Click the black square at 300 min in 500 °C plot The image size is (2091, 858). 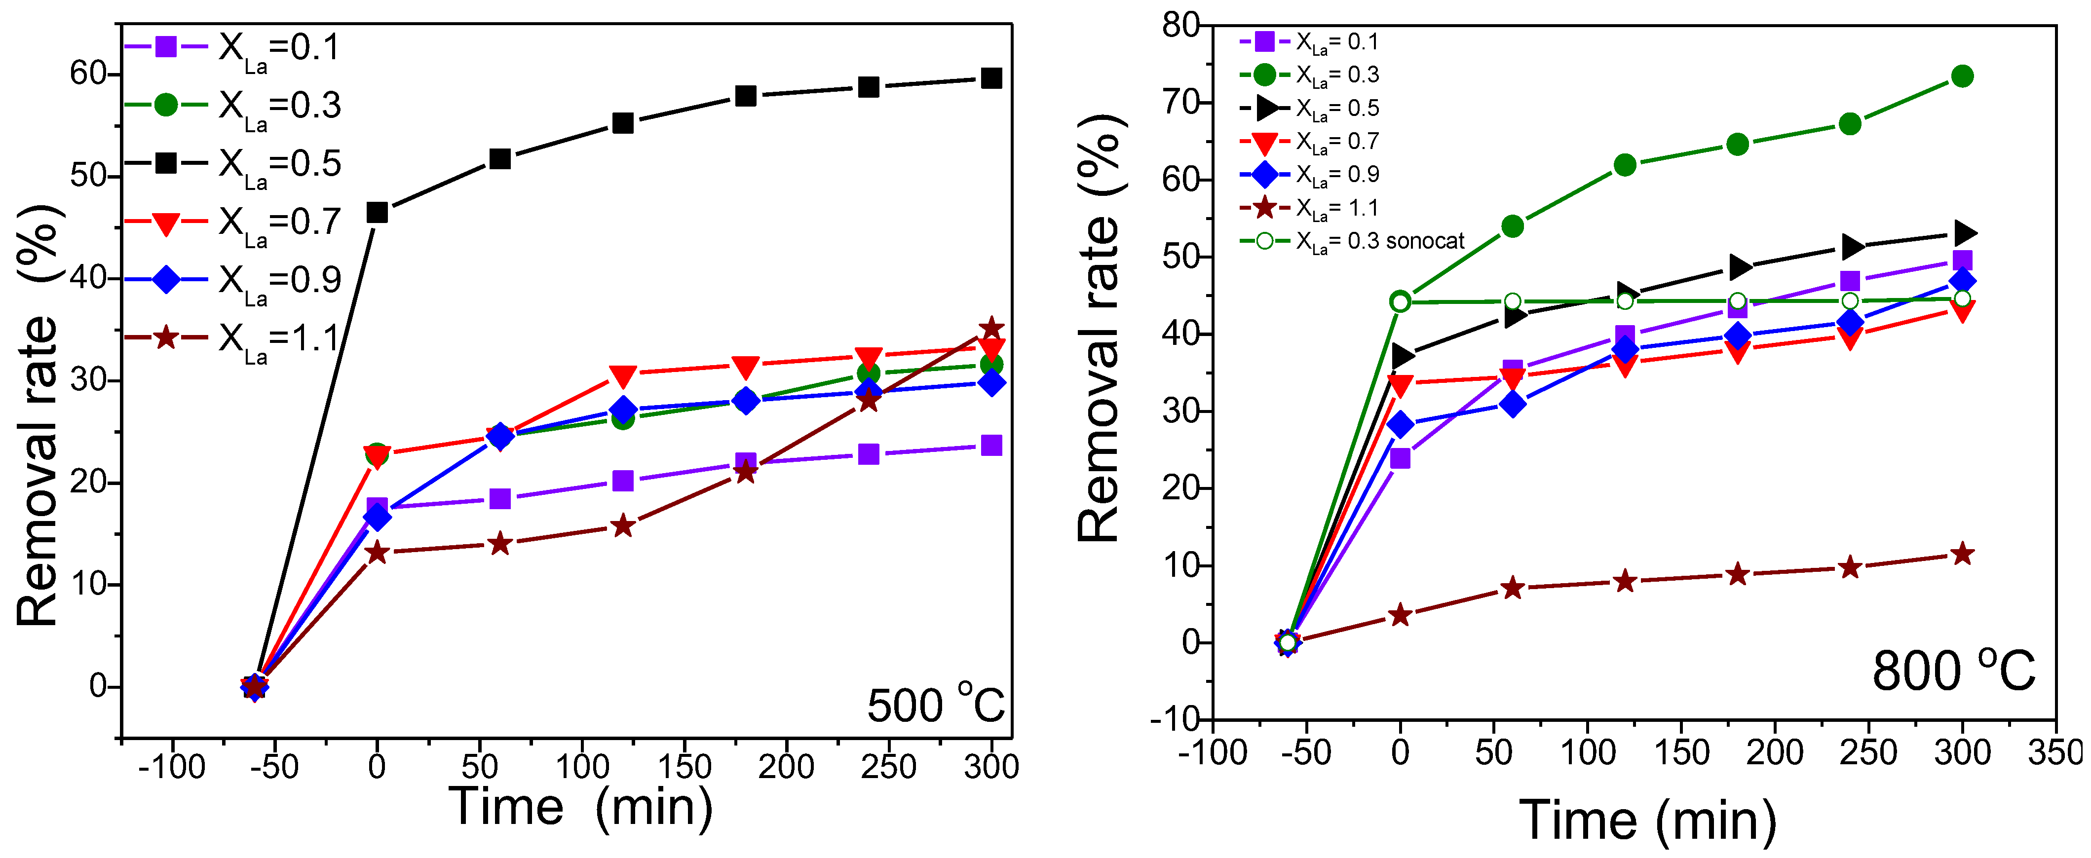991,78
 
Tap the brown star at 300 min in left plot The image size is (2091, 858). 991,329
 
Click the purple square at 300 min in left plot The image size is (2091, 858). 991,445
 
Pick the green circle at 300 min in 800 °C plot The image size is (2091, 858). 1962,76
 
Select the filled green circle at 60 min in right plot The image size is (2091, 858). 1512,225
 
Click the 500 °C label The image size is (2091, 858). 936,705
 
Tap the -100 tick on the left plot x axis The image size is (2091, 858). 172,766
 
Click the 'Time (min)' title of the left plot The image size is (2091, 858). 580,808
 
